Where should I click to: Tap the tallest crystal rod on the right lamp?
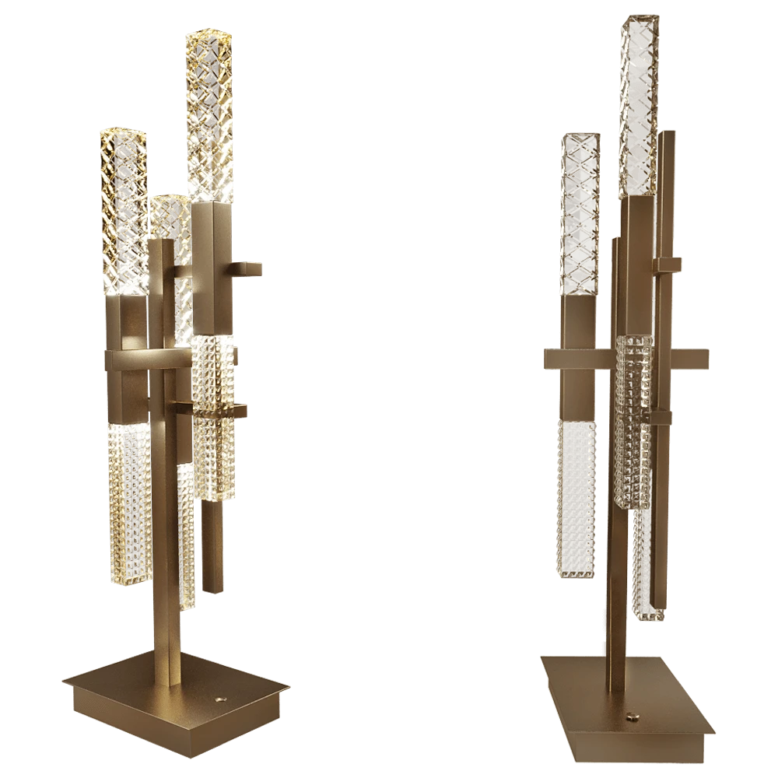(638, 101)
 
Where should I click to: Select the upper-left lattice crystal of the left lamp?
(124, 210)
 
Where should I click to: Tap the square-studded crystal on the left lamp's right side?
(213, 420)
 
